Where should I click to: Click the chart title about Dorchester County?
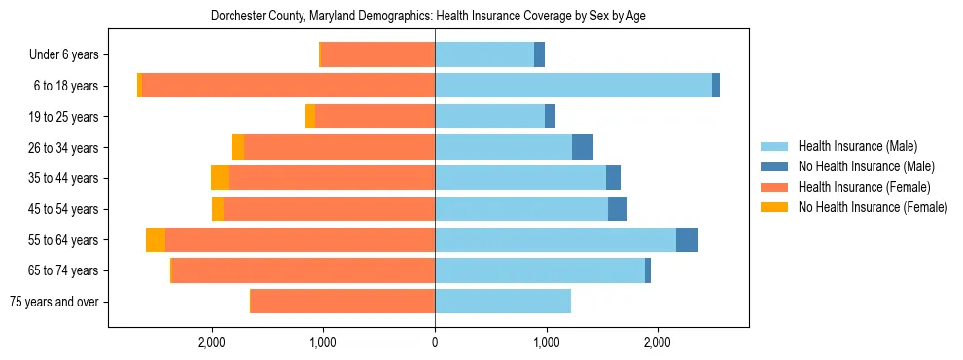(x=428, y=17)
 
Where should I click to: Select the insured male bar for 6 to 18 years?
(x=573, y=86)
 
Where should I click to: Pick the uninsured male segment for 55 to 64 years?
(x=687, y=240)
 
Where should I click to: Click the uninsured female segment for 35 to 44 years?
(x=220, y=178)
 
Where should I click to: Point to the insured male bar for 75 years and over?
(x=502, y=302)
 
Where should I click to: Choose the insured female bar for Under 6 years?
(x=377, y=55)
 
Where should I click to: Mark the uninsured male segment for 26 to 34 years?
(x=583, y=148)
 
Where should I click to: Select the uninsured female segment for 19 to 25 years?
(x=310, y=117)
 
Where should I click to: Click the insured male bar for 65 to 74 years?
(x=540, y=270)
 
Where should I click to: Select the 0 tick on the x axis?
(x=435, y=342)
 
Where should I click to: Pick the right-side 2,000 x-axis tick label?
(x=658, y=342)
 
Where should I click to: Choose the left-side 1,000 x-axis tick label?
(x=323, y=342)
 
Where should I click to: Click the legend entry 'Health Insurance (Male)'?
(x=857, y=146)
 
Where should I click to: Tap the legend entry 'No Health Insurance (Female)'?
(x=873, y=207)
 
